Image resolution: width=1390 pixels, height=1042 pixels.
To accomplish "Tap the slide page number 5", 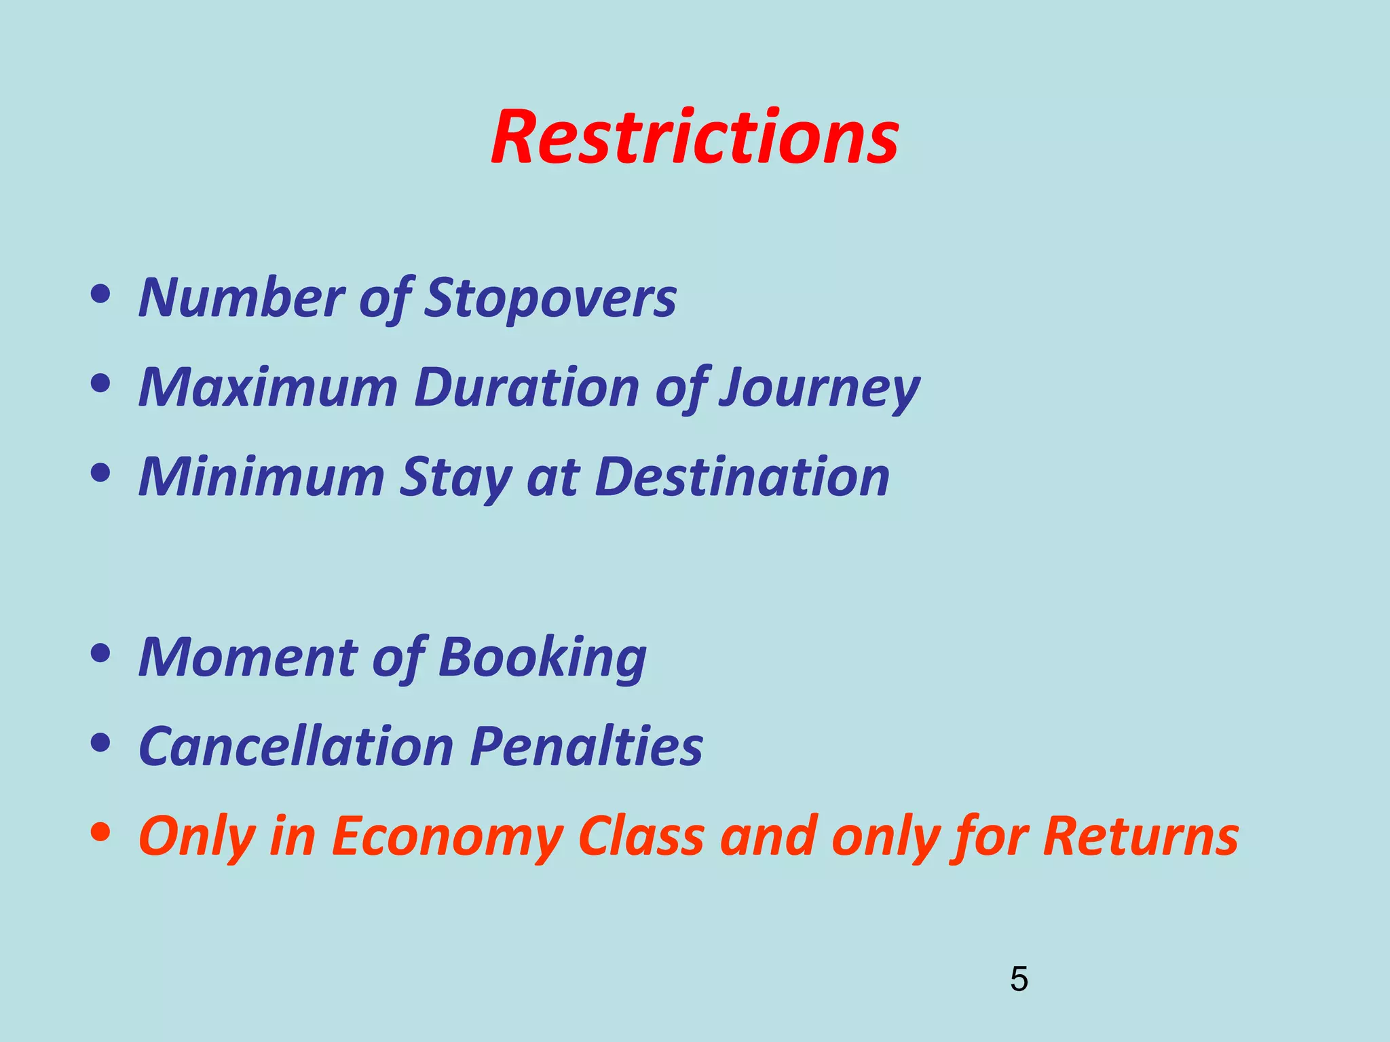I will pos(1019,979).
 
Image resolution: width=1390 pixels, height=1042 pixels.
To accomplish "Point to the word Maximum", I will pos(267,387).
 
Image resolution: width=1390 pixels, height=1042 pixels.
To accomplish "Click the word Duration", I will pos(527,387).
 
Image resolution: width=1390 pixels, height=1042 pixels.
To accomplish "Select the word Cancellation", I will pos(296,746).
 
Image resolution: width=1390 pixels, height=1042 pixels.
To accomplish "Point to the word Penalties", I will pos(586,746).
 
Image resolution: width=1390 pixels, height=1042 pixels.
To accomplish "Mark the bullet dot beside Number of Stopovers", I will pos(100,294).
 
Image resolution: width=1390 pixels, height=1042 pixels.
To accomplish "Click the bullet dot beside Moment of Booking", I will pos(100,653).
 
